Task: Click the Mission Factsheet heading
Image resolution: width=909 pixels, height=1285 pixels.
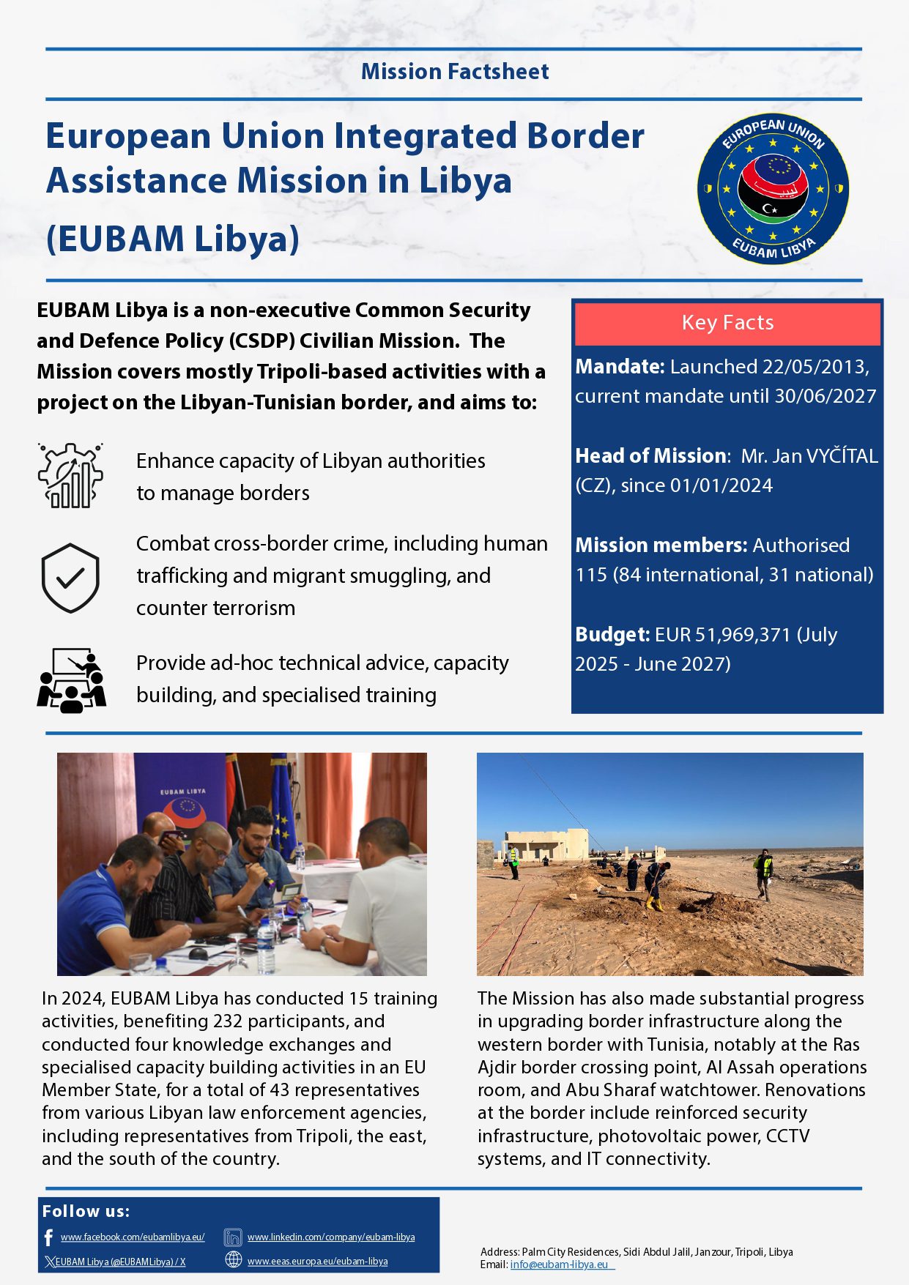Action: (454, 72)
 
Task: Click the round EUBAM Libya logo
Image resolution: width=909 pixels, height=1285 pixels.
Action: (773, 188)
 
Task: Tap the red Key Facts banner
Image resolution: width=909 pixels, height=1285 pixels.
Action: (727, 323)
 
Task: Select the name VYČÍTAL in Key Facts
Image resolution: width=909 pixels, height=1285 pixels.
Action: (842, 456)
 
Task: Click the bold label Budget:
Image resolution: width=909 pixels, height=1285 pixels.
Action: (612, 634)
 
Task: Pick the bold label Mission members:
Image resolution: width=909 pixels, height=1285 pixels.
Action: (661, 545)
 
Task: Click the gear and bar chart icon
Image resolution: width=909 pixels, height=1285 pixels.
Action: (70, 475)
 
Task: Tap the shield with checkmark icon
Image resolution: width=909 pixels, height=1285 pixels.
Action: (70, 577)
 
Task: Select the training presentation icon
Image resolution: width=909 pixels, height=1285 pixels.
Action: (71, 680)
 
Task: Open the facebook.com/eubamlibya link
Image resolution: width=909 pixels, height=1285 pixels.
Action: (133, 1237)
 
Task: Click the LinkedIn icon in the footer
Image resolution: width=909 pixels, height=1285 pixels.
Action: (233, 1237)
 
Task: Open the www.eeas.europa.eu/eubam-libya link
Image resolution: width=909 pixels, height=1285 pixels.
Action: (317, 1261)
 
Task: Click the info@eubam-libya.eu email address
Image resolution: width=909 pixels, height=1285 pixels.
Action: (559, 1264)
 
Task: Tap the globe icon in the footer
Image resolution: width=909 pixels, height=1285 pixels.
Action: (233, 1260)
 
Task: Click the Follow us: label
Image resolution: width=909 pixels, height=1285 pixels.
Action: (86, 1211)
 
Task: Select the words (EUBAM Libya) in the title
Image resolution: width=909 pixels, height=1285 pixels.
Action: (173, 239)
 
